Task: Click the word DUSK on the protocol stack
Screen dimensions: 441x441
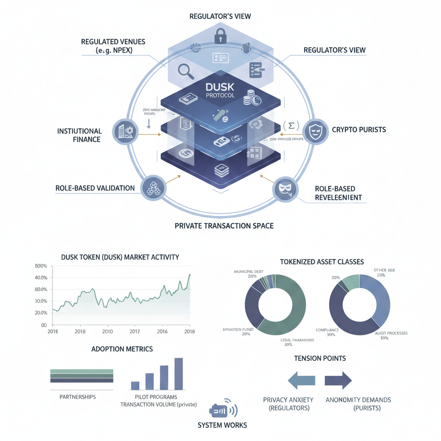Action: [x=220, y=87]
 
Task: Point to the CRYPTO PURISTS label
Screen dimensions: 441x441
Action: [x=358, y=129]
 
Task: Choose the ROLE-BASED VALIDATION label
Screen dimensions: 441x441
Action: [x=95, y=188]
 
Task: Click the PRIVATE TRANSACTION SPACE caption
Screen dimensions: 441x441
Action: [x=224, y=225]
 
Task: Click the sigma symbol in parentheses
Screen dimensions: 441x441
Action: [x=292, y=126]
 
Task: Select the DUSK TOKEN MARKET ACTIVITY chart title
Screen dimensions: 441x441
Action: [x=121, y=257]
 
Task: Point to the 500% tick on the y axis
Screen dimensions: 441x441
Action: [x=40, y=266]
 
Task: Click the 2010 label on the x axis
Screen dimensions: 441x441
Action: [x=107, y=332]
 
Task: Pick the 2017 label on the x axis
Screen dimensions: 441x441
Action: [x=134, y=332]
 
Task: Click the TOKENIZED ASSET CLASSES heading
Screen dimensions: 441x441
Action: [x=322, y=261]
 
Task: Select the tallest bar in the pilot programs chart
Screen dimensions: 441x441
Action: [x=179, y=374]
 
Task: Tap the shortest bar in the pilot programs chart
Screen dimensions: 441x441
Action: [x=135, y=385]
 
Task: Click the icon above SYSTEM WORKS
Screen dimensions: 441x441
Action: [x=222, y=410]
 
